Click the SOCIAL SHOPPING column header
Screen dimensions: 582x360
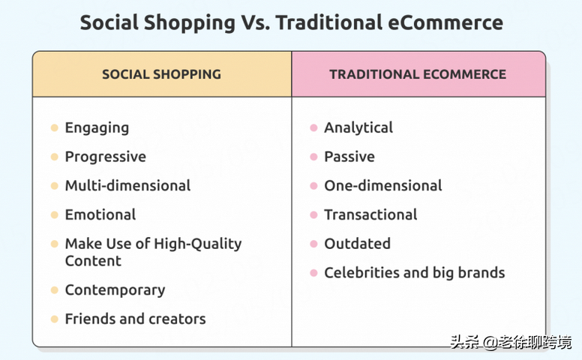(161, 74)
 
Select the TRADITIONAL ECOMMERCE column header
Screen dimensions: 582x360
(418, 74)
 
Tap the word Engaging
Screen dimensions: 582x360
(97, 128)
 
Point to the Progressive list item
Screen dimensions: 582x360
(106, 157)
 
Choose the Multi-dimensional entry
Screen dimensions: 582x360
(127, 185)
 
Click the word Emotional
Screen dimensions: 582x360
(100, 214)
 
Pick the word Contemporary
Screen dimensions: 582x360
(115, 290)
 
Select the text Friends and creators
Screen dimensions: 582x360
(135, 319)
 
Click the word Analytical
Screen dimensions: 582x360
(358, 128)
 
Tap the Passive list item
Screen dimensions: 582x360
(349, 157)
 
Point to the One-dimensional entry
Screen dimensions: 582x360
(383, 185)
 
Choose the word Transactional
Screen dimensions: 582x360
(370, 214)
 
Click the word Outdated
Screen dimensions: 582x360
(357, 244)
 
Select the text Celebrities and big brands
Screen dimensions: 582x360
(414, 273)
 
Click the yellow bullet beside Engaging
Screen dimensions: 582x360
(55, 128)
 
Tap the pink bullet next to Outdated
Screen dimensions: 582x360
(313, 244)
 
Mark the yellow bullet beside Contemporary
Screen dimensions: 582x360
(55, 289)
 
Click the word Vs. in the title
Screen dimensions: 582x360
(256, 22)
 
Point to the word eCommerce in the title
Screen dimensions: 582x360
(445, 22)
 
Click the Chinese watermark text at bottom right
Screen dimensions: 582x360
(511, 342)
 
